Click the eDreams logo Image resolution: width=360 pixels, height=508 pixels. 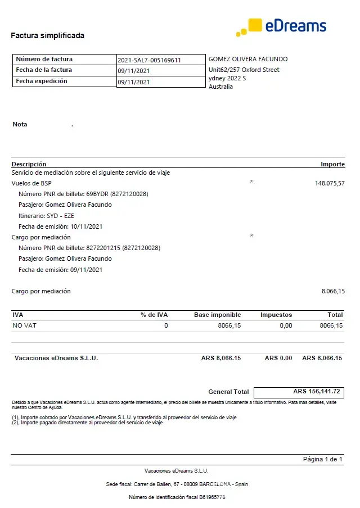(x=281, y=26)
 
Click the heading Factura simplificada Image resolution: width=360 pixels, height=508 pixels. (x=47, y=35)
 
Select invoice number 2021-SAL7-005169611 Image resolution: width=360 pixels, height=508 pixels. (x=149, y=60)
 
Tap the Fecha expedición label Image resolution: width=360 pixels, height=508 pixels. (x=42, y=81)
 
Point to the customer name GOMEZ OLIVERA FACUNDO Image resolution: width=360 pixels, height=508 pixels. (x=248, y=59)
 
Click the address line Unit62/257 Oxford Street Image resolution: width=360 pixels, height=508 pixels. (x=244, y=70)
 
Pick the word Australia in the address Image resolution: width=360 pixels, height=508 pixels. (x=220, y=87)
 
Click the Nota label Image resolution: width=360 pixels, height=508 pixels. (x=20, y=124)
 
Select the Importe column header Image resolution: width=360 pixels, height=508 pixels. (x=332, y=164)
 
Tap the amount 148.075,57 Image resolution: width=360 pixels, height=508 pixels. (x=330, y=183)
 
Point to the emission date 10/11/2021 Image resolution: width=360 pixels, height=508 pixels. (x=87, y=226)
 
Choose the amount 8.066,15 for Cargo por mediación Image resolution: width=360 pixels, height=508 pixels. (x=333, y=291)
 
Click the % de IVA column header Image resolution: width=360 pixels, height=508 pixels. (x=154, y=315)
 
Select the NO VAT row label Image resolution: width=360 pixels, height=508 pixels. (x=24, y=325)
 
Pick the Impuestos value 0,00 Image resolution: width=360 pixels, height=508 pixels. (x=286, y=325)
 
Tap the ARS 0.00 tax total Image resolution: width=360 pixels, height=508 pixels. (x=278, y=358)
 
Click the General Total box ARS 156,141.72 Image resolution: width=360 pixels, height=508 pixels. (x=299, y=392)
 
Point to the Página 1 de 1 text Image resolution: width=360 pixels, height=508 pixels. (x=323, y=459)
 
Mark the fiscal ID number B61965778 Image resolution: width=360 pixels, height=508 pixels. (x=209, y=497)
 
